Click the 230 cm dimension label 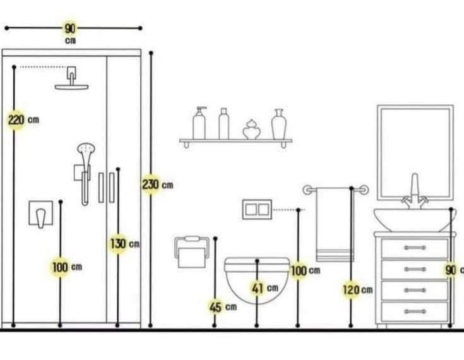click(151, 185)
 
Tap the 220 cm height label click(17, 119)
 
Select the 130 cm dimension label click(119, 244)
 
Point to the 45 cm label click(216, 307)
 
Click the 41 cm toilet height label click(258, 288)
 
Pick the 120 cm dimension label click(351, 290)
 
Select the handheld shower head click(85, 152)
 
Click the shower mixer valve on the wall click(40, 214)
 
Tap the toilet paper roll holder click(191, 252)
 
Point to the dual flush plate click(257, 209)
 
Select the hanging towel click(335, 224)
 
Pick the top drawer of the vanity click(415, 248)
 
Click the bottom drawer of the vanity click(415, 311)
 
